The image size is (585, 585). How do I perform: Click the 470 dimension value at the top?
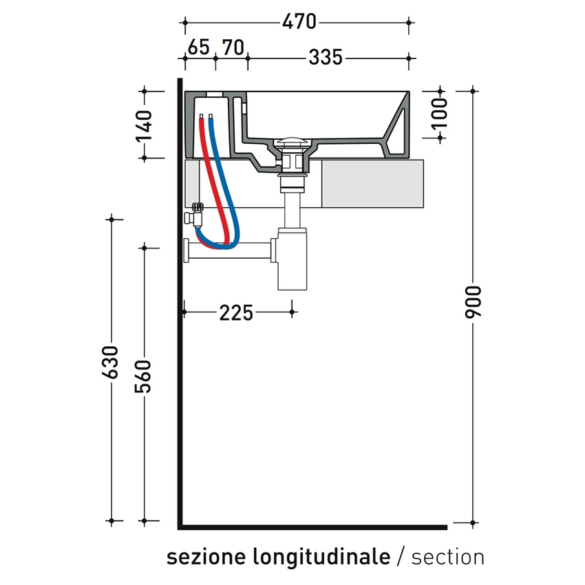pos(299,22)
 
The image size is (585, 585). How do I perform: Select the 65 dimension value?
pos(198,47)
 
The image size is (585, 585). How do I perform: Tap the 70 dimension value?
pos(233,47)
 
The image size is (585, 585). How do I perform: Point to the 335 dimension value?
pos(325,58)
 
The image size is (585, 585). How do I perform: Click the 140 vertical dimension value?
pos(144,125)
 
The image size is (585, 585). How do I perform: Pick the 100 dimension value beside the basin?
pos(440,113)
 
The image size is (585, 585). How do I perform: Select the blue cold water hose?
pos(224,179)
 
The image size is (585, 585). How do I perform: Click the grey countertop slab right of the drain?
pos(372,183)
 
